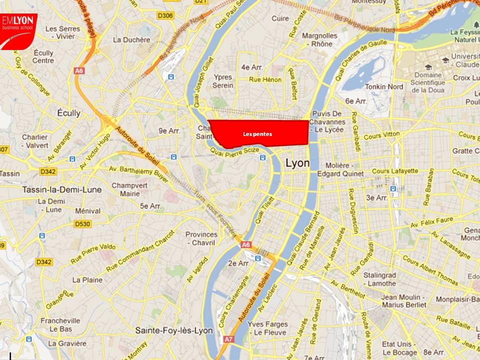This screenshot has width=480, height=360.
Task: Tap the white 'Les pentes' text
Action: pyautogui.click(x=257, y=134)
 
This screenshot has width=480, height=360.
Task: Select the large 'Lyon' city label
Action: pyautogui.click(x=297, y=163)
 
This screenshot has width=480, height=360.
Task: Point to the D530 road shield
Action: pyautogui.click(x=82, y=224)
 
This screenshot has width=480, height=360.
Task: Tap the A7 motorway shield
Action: pyautogui.click(x=228, y=339)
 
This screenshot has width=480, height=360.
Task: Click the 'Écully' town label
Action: pyautogui.click(x=68, y=113)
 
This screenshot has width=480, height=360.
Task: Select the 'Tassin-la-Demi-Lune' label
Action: pyautogui.click(x=61, y=189)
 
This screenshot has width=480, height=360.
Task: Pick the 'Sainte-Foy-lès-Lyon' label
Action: pyautogui.click(x=174, y=330)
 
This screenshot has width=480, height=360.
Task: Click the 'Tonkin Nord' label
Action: pyautogui.click(x=384, y=86)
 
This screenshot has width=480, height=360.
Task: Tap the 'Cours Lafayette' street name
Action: pyautogui.click(x=395, y=171)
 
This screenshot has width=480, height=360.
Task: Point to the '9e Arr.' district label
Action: pyautogui.click(x=169, y=130)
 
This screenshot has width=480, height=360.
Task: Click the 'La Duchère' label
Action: pyautogui.click(x=131, y=39)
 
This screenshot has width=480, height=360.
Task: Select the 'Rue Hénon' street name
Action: pyautogui.click(x=265, y=79)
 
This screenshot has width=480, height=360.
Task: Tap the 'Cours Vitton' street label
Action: pyautogui.click(x=382, y=135)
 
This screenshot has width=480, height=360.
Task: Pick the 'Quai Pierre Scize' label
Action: pyautogui.click(x=234, y=150)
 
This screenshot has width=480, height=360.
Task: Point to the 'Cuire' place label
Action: pyautogui.click(x=280, y=18)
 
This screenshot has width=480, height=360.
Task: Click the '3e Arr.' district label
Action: pyautogui.click(x=377, y=197)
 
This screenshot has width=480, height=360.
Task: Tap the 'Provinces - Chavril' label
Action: pyautogui.click(x=201, y=238)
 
